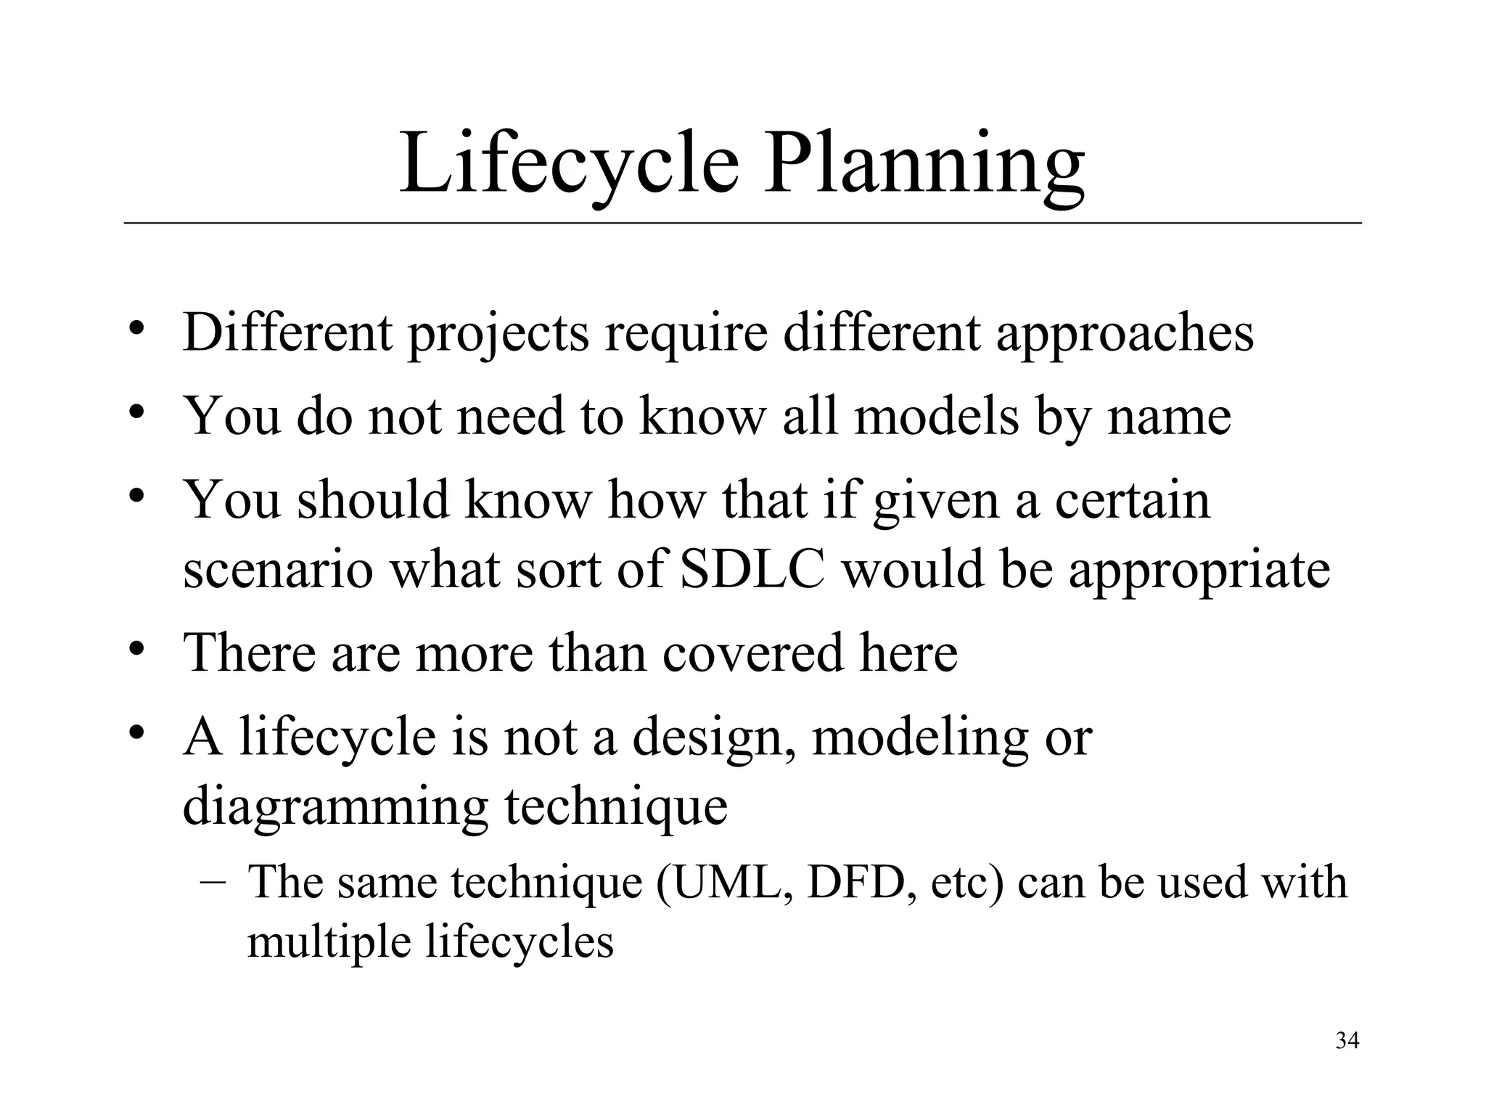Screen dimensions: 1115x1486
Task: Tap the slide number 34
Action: click(1347, 1041)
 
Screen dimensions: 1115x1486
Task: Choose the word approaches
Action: click(1125, 334)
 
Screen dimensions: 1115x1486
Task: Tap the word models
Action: click(937, 417)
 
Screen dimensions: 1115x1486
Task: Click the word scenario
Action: click(279, 569)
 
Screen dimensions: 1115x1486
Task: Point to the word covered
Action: click(753, 652)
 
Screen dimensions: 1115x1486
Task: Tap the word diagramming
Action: click(335, 807)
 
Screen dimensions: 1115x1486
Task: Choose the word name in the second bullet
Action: click(1169, 417)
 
